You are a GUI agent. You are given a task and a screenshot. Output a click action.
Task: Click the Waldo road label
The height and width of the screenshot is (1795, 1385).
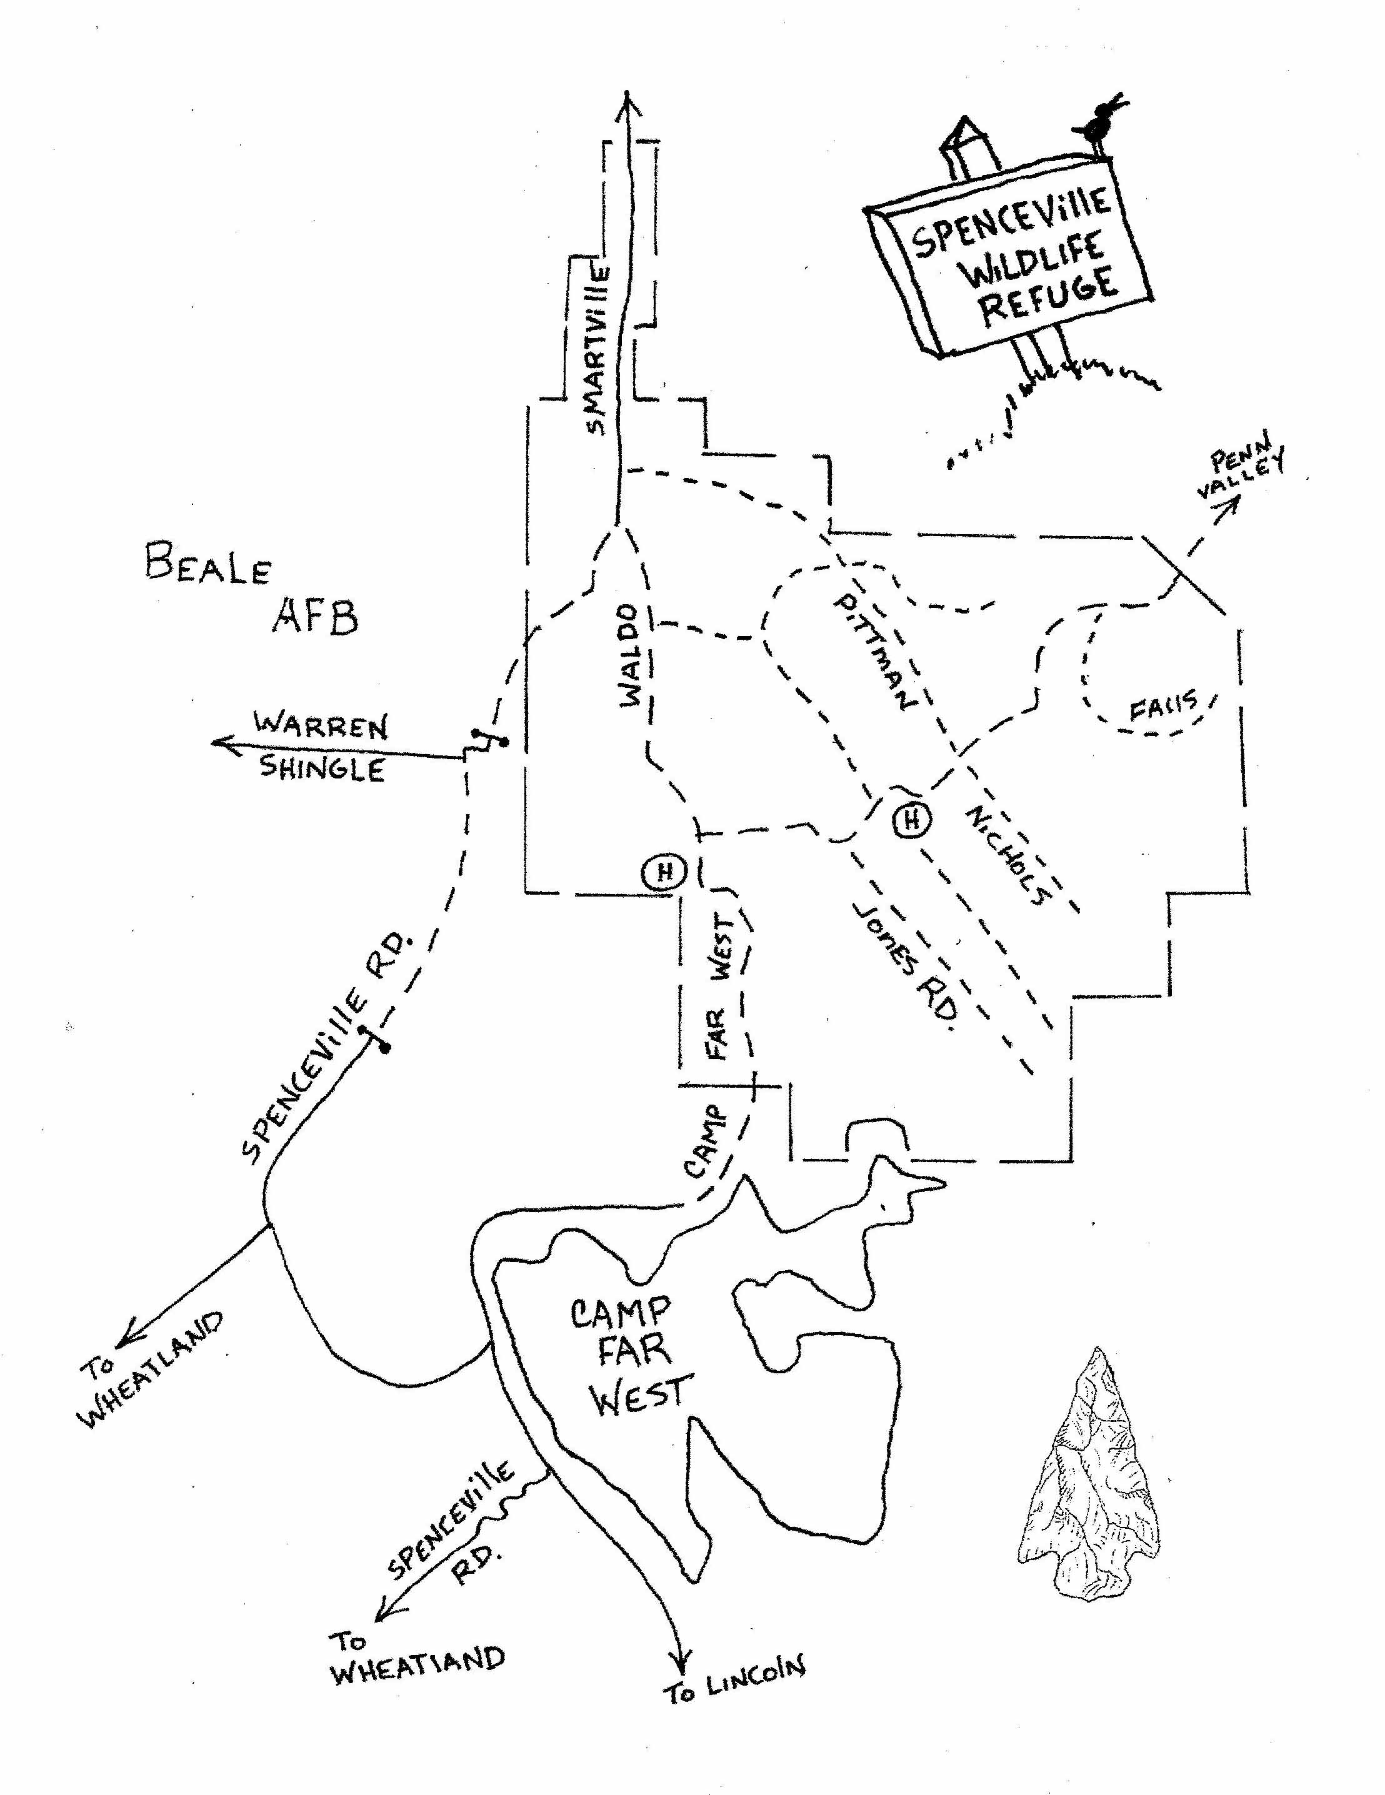[x=629, y=655]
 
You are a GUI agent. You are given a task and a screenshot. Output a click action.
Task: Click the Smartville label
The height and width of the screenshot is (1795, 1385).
[x=597, y=349]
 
